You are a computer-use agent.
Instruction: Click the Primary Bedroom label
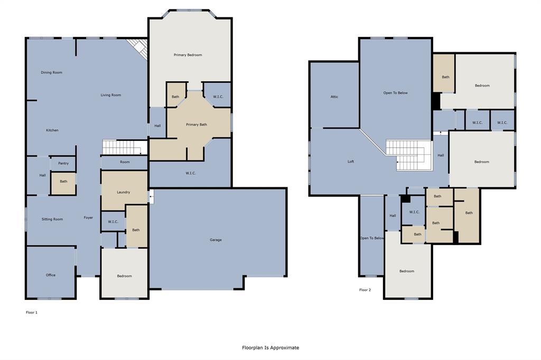tap(188, 55)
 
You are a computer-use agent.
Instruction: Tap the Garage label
tap(216, 240)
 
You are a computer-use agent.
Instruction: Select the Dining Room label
tap(52, 72)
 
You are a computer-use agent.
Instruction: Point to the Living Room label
tap(111, 95)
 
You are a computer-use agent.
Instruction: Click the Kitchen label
tap(52, 130)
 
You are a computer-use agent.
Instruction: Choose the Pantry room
tap(63, 164)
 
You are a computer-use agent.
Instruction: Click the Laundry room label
tap(124, 192)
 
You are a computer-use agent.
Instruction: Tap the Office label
tap(51, 275)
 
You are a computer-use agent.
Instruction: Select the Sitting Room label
tap(52, 219)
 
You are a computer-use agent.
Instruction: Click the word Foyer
tap(88, 217)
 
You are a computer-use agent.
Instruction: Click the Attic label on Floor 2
tap(334, 97)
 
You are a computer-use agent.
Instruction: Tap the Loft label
tap(351, 162)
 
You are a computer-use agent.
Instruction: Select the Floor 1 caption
tap(32, 312)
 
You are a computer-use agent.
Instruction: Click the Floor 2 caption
tap(365, 290)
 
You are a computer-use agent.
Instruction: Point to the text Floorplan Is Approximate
tap(270, 347)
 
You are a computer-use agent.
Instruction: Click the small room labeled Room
tap(125, 162)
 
